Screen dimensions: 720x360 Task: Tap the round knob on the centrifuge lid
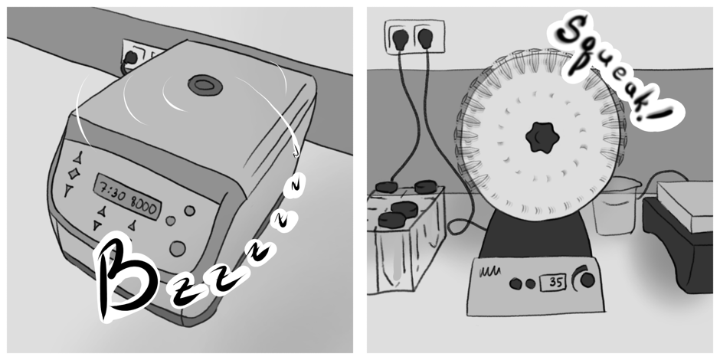[205, 86]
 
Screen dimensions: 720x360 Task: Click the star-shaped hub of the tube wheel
[542, 137]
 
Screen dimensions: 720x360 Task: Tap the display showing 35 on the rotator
[553, 282]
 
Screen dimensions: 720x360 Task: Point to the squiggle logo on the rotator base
[489, 272]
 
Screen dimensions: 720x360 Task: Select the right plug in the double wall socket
[425, 39]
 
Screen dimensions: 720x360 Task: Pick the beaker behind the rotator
[616, 206]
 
